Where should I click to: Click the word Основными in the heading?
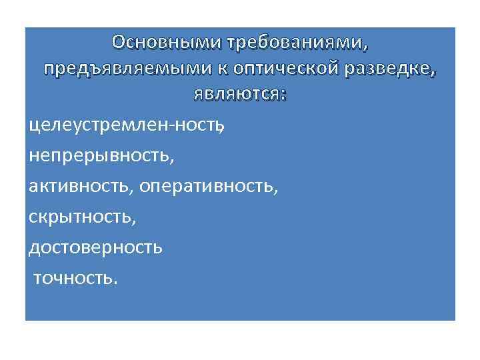(167, 43)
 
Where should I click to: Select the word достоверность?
(95, 247)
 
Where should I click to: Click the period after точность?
(115, 282)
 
